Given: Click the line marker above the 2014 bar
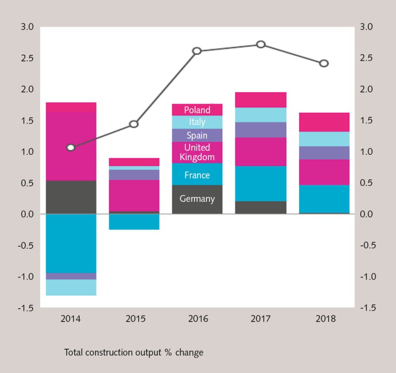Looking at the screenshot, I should point(71,147).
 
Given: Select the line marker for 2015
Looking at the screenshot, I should point(134,124).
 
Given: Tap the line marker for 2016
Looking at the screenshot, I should point(197,51).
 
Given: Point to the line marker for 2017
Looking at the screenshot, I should point(261,45).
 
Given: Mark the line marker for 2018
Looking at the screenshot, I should point(324,63).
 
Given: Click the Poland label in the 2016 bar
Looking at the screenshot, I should point(197,110).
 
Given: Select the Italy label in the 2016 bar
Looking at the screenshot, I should point(197,122).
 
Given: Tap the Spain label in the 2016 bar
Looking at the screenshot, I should point(197,136).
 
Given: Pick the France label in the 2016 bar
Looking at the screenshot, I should point(197,175).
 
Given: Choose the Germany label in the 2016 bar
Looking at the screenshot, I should point(197,199).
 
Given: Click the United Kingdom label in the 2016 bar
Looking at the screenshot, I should point(197,152).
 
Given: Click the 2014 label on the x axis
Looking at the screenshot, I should point(71,319).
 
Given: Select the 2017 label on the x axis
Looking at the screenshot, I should point(261,319).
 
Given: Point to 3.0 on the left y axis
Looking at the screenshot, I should point(27,27).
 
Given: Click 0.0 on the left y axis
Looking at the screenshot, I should point(27,214).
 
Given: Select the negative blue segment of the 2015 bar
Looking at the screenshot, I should point(134,222).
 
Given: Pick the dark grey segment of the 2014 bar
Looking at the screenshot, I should point(71,197).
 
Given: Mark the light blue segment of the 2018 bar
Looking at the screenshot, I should point(324,139).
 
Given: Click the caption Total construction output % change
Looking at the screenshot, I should point(134,353).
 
